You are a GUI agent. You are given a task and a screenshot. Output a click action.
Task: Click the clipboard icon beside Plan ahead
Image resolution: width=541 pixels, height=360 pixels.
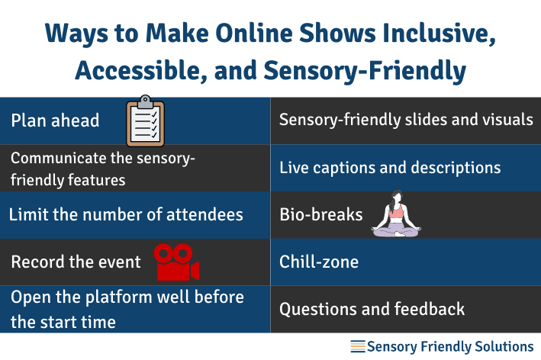145,121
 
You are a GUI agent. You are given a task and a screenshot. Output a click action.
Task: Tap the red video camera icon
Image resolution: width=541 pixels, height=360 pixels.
176,262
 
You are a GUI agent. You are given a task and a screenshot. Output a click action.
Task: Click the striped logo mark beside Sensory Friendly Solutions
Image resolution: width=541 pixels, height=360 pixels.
357,347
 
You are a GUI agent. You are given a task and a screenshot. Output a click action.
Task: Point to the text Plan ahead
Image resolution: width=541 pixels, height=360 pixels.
55,121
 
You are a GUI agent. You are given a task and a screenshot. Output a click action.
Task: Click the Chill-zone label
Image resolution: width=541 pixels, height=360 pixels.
319,262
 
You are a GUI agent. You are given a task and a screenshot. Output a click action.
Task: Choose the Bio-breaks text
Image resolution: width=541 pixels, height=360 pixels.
321,214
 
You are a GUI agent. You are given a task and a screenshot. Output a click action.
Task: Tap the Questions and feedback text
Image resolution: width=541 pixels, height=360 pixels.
372,309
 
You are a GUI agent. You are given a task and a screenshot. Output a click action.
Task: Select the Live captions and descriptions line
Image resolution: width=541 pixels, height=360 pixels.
390,167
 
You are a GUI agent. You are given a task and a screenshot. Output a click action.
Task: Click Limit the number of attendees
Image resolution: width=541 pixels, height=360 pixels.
126,214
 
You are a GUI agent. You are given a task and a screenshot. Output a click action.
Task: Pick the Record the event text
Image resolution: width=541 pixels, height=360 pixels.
76,262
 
